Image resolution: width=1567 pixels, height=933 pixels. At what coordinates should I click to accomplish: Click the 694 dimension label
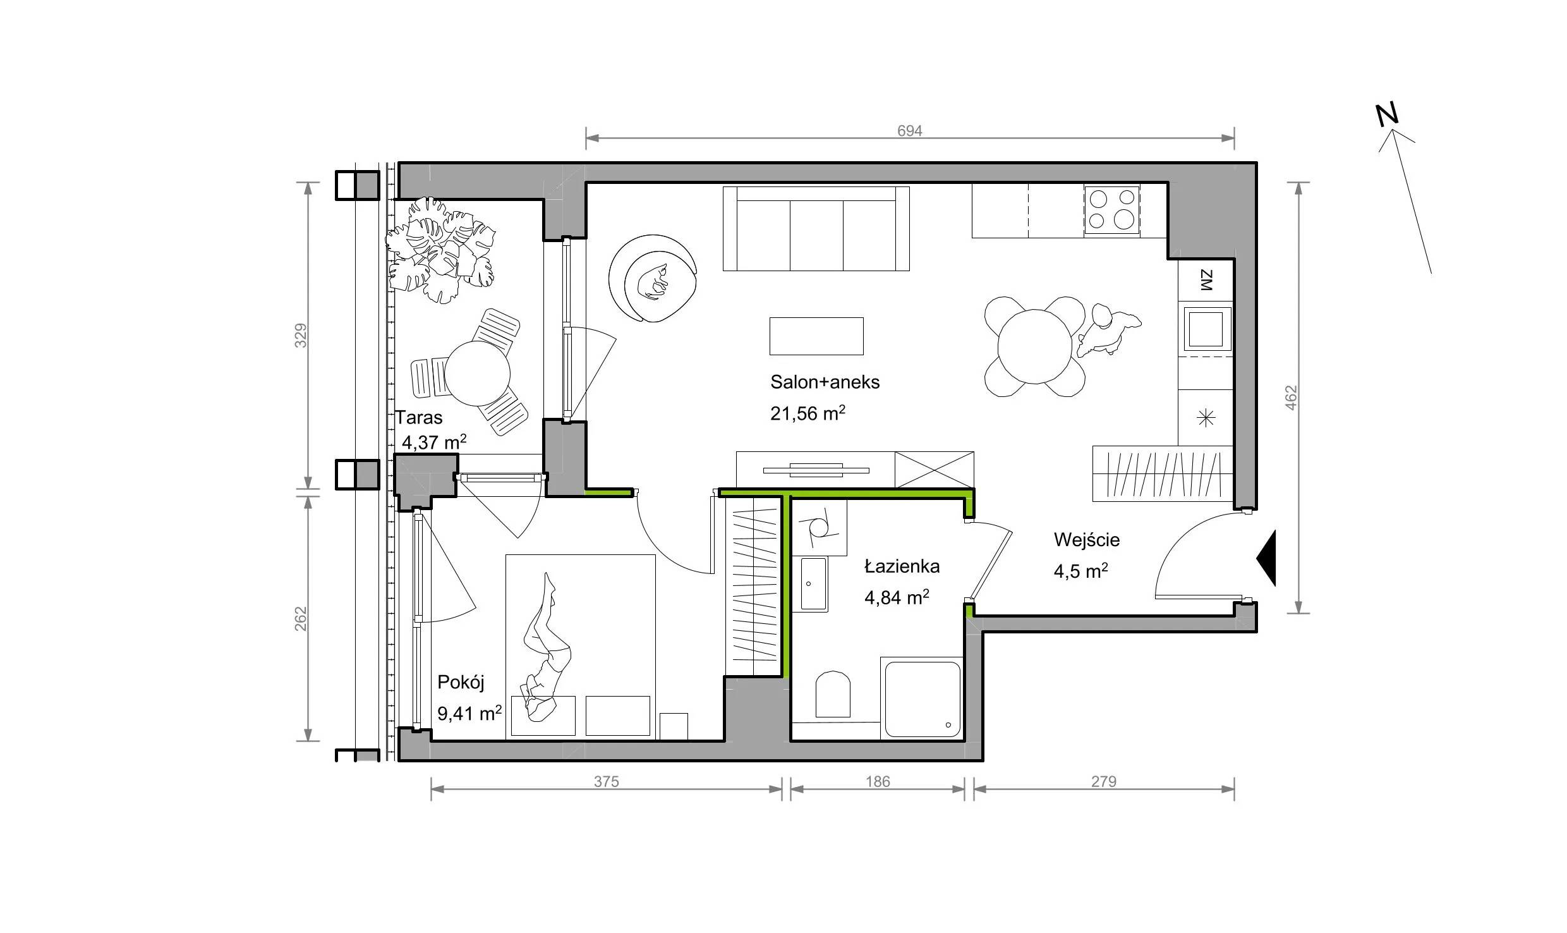910,131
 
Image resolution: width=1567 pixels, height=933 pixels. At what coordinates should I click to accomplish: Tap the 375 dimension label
606,782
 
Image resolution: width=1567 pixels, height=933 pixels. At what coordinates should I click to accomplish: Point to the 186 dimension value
878,782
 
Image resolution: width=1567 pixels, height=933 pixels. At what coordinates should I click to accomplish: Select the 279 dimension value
1104,782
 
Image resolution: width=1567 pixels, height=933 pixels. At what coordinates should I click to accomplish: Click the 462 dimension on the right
1291,398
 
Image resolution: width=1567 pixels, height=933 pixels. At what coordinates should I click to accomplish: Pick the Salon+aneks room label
825,382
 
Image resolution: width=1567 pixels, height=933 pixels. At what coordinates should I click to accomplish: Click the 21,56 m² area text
808,413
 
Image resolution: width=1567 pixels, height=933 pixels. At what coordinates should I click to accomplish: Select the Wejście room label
1087,540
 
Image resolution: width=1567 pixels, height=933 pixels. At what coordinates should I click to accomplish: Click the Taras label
419,418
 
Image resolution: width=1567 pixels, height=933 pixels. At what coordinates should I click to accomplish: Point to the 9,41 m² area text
469,714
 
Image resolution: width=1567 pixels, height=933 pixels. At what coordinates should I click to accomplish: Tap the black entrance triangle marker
1266,558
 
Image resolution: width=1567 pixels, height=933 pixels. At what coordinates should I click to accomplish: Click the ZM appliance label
1206,280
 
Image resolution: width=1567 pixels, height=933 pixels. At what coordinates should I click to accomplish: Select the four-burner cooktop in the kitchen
1112,211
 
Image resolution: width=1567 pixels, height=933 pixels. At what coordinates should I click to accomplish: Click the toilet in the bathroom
833,694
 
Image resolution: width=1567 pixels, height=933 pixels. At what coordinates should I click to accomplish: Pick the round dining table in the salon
1034,346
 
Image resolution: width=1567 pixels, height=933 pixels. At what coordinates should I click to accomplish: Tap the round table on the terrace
477,374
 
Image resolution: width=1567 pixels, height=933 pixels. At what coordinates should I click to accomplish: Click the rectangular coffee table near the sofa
816,336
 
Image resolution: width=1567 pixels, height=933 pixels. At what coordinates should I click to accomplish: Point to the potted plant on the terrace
440,249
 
